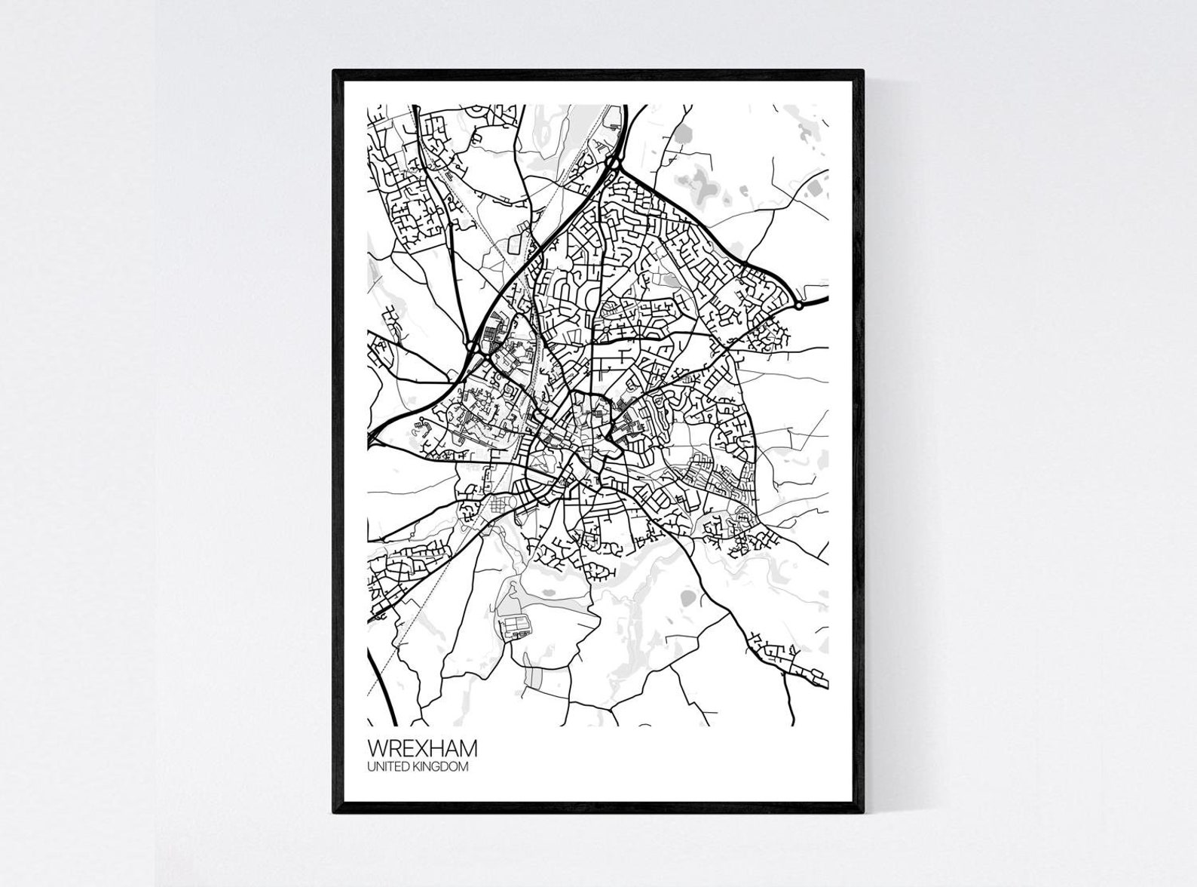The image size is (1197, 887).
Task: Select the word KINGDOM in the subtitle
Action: pyautogui.click(x=445, y=767)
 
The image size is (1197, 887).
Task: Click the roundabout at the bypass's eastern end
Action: pyautogui.click(x=797, y=306)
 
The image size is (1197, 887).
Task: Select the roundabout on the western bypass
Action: pyautogui.click(x=473, y=346)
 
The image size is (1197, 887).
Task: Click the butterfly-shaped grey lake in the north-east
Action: pyautogui.click(x=704, y=183)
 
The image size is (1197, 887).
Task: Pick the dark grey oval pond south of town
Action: pyautogui.click(x=687, y=598)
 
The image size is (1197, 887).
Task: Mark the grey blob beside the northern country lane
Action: pyautogui.click(x=683, y=135)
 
